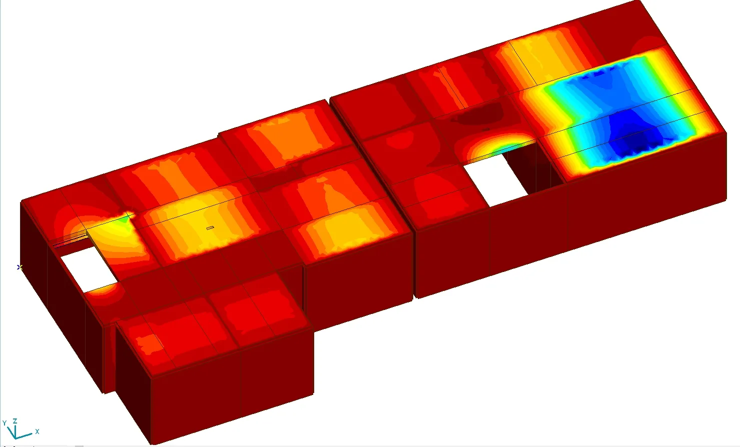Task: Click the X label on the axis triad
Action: coord(38,431)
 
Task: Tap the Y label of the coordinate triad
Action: coord(5,423)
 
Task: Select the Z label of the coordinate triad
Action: coord(15,421)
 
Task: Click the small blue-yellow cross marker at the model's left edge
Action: coord(20,267)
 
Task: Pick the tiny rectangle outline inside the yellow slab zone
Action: coord(210,228)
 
